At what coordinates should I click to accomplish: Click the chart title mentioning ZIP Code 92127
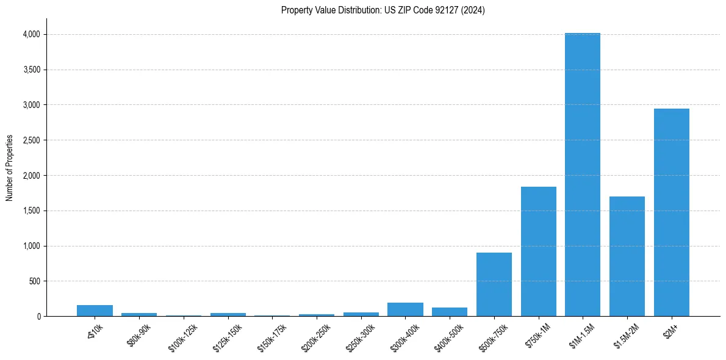click(x=383, y=10)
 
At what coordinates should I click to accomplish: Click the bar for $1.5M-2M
click(x=627, y=256)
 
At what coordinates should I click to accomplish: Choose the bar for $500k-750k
click(x=494, y=284)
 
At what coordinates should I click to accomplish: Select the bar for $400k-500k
click(x=450, y=312)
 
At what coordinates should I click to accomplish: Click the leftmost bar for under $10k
click(x=95, y=311)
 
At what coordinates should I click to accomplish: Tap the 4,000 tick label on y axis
click(x=31, y=35)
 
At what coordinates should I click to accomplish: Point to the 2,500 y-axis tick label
click(x=31, y=140)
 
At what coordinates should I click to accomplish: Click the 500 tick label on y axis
click(x=35, y=281)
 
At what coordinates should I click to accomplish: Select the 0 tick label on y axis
click(x=38, y=317)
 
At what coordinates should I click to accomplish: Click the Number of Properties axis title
click(x=10, y=168)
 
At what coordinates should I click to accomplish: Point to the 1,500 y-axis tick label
click(x=31, y=211)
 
